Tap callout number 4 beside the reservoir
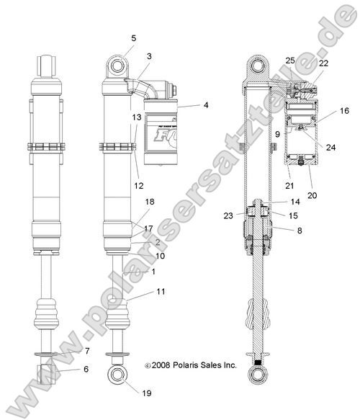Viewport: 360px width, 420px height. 205,106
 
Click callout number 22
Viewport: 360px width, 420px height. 324,63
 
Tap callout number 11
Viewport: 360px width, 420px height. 160,291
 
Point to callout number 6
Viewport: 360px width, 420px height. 87,369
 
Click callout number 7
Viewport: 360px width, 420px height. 87,351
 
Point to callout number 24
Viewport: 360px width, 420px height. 331,148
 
